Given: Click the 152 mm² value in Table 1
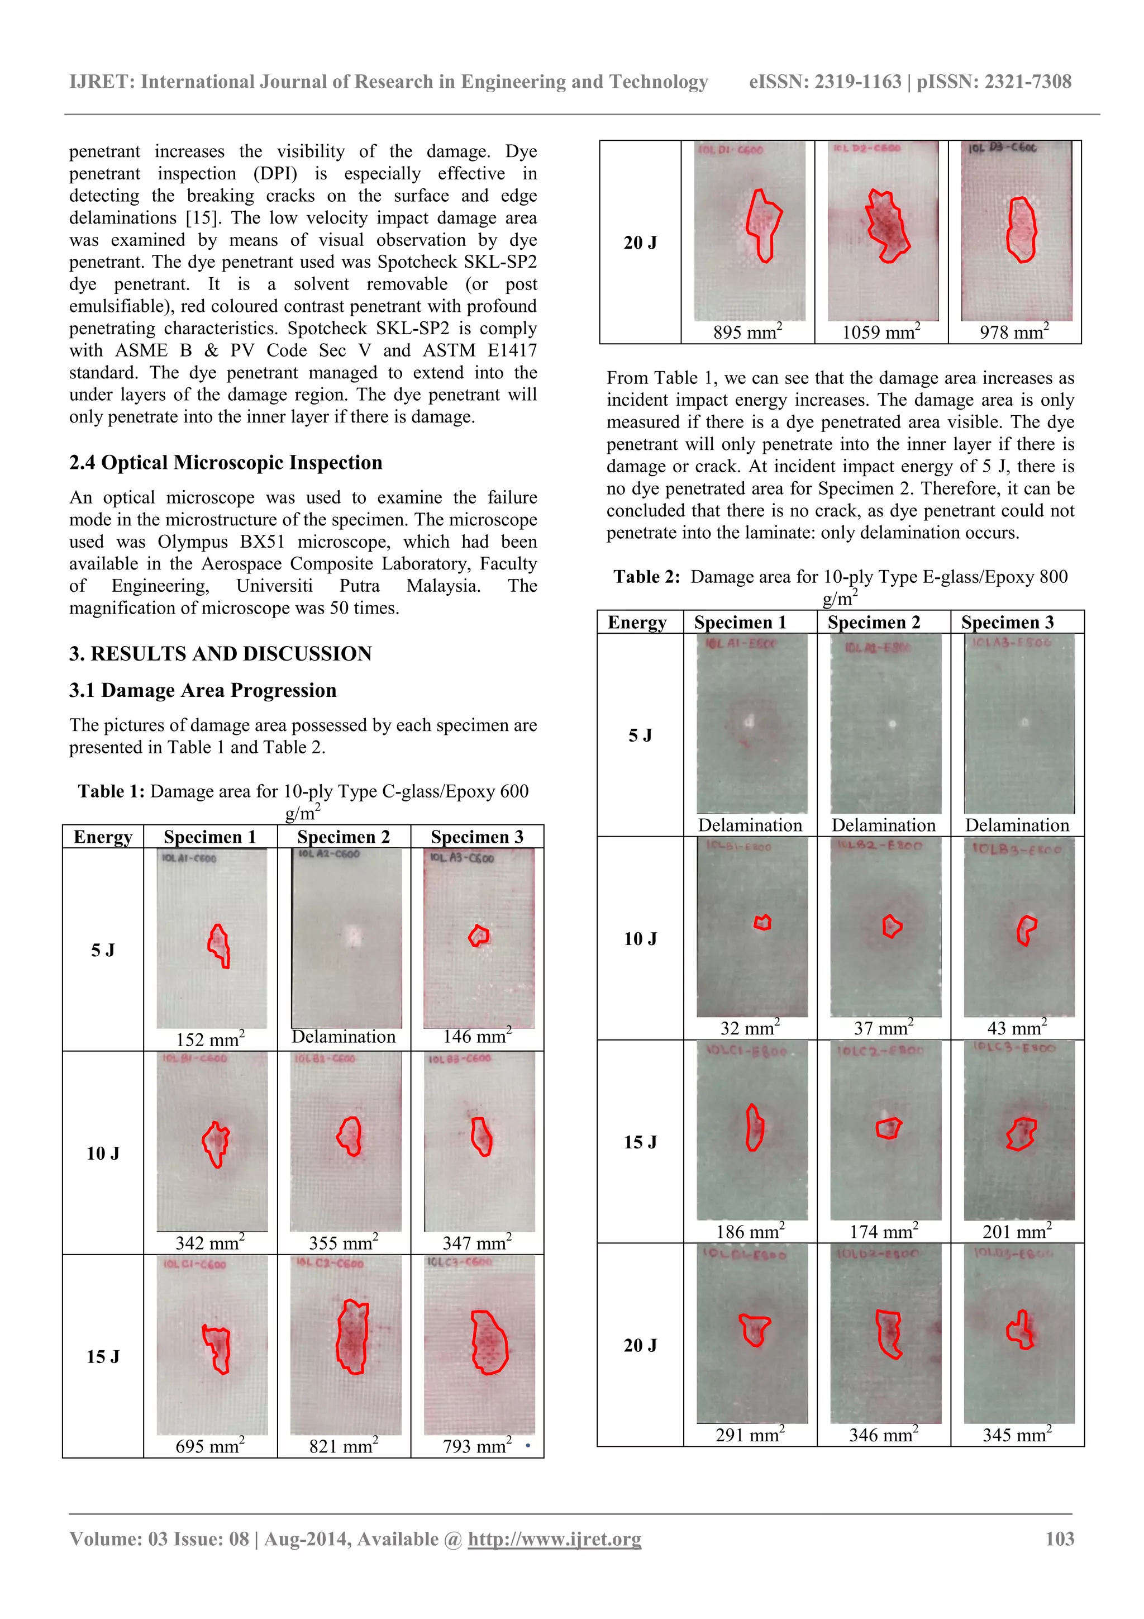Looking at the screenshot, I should (x=210, y=1040).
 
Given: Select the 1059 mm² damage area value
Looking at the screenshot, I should (x=880, y=332).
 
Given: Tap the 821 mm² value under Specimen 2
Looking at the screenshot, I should (x=344, y=1447).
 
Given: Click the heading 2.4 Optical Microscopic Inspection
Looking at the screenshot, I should (x=226, y=463).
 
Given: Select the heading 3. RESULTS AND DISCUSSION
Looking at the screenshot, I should (x=220, y=654).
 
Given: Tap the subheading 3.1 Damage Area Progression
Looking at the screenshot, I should (x=202, y=690).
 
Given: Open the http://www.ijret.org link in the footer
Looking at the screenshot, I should (x=554, y=1539).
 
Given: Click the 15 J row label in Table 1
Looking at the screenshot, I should (x=103, y=1357).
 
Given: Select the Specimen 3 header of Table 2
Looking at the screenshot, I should (x=1007, y=623).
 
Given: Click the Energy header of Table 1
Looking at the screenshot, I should (x=103, y=837).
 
